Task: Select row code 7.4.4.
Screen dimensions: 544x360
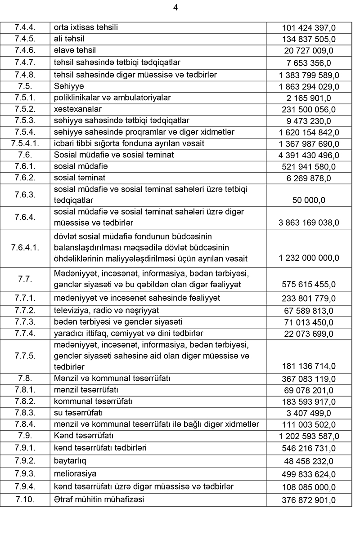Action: [x=25, y=28]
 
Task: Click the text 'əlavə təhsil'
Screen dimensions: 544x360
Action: [x=75, y=50]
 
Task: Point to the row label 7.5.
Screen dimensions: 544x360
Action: [x=25, y=86]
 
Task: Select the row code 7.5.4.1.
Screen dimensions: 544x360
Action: [x=25, y=144]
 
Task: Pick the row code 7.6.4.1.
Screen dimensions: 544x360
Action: [x=25, y=248]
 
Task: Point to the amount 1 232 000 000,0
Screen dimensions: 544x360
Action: [x=309, y=259]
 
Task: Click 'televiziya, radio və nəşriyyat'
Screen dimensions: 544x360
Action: [x=106, y=311]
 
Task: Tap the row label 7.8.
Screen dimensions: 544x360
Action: [x=25, y=378]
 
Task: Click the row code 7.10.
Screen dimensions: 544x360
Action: [x=25, y=499]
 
